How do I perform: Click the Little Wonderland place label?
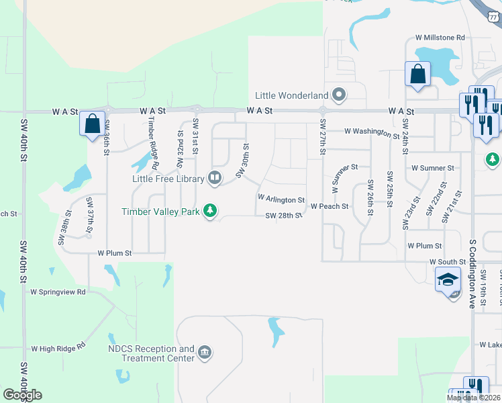coord(291,95)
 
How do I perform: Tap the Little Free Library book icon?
coord(215,178)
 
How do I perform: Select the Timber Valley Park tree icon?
coord(211,211)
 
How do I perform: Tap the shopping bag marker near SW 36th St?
coord(92,124)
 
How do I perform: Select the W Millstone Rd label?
coord(440,38)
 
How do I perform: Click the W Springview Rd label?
coord(58,292)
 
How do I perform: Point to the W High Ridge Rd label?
coord(59,348)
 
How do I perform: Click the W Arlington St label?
coord(281,200)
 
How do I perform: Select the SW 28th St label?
coord(285,216)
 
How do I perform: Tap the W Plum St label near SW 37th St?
coord(114,253)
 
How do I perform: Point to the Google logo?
coord(23,395)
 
